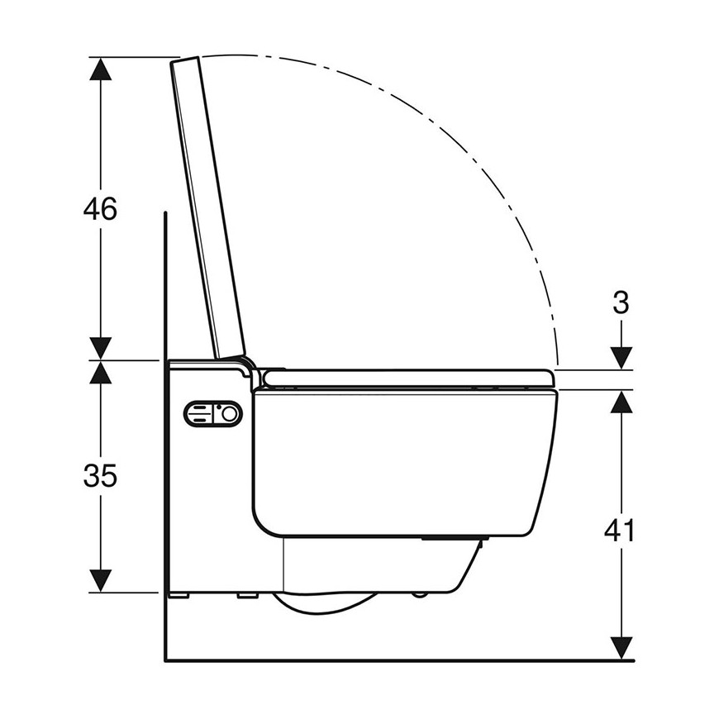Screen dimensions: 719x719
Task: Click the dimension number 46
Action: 100,208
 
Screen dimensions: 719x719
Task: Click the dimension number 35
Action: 100,475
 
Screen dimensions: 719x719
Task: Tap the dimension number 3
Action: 621,302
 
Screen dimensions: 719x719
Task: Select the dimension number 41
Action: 620,531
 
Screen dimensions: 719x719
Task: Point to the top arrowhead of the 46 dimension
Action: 101,69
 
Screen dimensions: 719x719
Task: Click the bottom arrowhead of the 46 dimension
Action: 101,349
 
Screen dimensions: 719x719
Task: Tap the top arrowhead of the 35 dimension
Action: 101,372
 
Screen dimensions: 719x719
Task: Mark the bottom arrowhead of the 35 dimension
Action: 101,580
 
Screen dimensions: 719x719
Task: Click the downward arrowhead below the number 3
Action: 621,358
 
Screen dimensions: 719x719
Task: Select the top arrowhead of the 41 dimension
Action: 621,402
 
